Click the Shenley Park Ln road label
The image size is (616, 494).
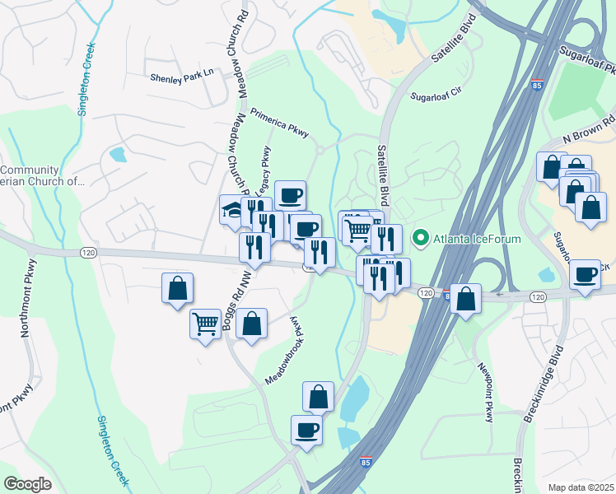(x=181, y=77)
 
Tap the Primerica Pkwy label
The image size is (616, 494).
(x=279, y=121)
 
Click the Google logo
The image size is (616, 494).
(x=27, y=484)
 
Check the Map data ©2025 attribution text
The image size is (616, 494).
(x=581, y=487)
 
